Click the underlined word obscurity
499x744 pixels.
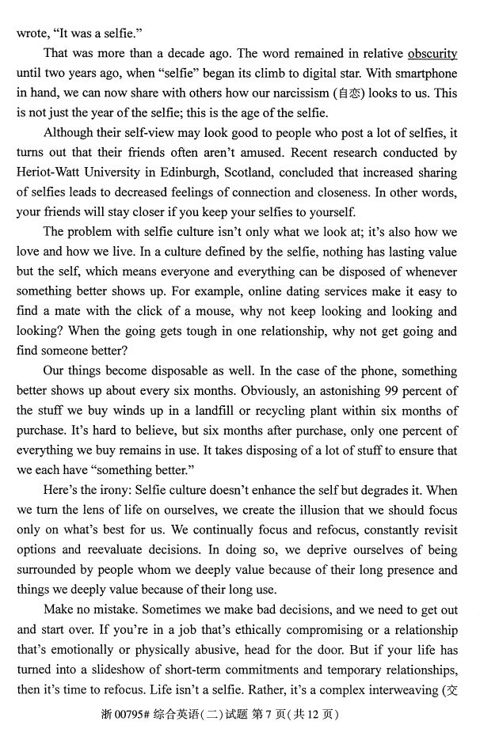click(x=432, y=54)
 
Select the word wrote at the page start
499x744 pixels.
click(x=32, y=34)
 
